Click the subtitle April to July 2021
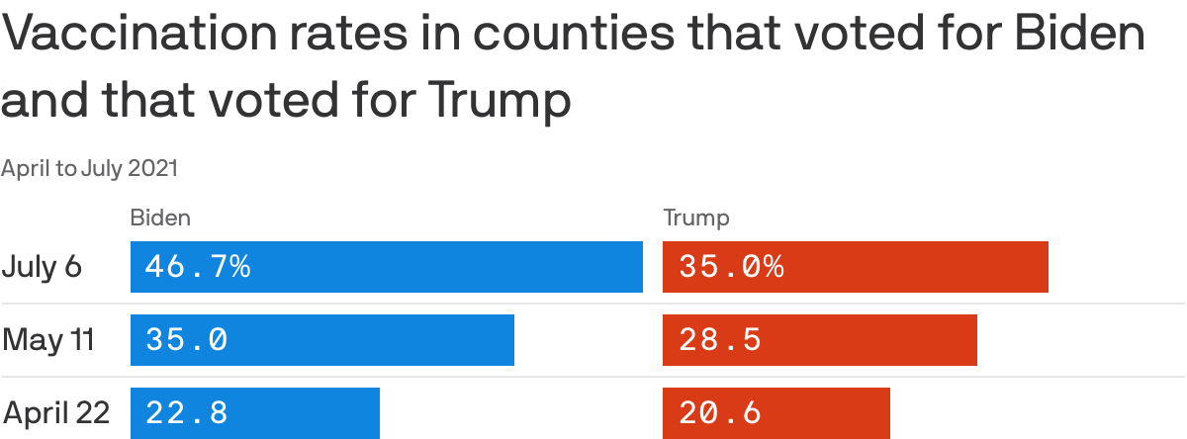90,169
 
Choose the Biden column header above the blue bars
160,219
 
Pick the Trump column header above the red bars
695,219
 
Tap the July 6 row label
42,267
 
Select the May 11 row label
48,340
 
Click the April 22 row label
55,412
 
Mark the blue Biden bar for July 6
445,267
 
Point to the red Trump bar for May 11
870,340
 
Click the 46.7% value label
198,267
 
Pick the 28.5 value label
720,340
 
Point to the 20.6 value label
720,412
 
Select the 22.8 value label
187,412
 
